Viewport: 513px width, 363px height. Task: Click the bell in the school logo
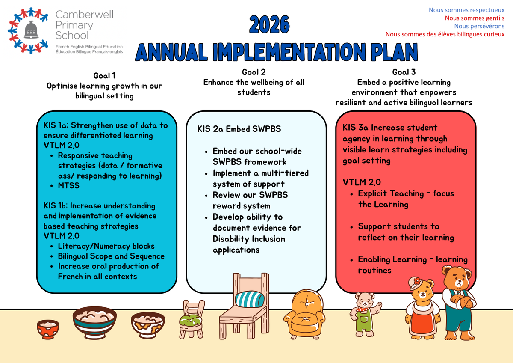31,30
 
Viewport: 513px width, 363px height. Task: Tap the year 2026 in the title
269,24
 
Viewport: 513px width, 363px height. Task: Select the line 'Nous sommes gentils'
475,18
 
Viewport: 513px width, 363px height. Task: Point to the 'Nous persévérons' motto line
479,26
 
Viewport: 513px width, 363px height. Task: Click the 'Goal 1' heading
104,76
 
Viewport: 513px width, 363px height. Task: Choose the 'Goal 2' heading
254,72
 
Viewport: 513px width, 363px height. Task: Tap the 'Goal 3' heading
404,72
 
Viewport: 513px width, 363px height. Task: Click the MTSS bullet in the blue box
69,185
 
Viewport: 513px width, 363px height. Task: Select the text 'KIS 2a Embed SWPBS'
239,129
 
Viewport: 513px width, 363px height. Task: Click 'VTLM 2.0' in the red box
362,182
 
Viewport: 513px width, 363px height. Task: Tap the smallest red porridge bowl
48,329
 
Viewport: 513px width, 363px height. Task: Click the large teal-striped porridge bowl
94,322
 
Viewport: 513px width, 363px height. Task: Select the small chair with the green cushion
192,319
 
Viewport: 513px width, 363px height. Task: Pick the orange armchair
304,315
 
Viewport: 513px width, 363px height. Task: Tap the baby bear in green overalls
365,314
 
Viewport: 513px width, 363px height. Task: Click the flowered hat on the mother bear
415,283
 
